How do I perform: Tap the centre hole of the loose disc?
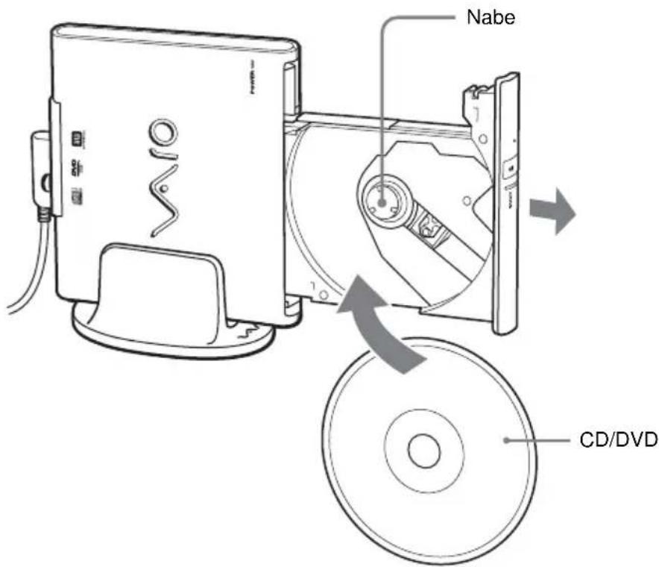point(423,450)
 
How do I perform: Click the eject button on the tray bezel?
point(512,169)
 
